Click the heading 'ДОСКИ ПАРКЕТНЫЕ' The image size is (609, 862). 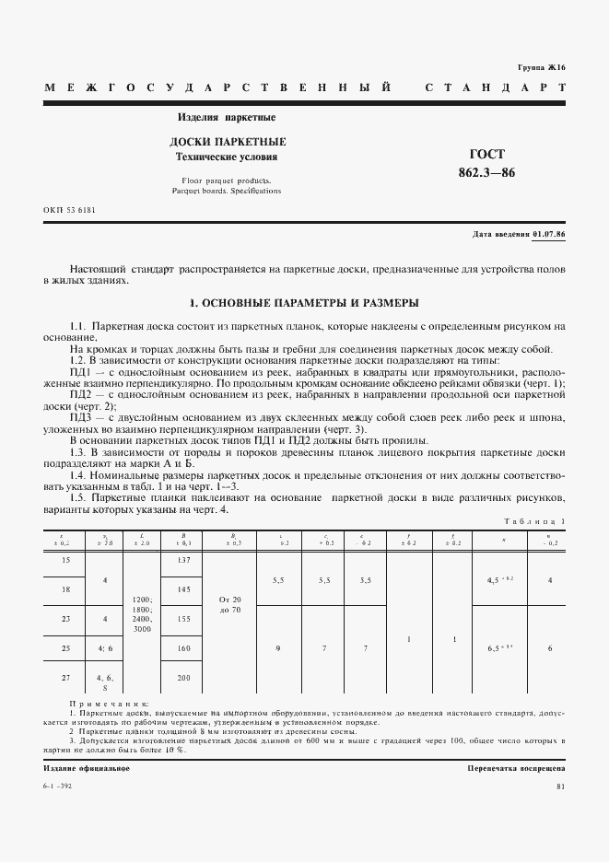228,142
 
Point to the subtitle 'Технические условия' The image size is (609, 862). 227,157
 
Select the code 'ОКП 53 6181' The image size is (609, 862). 69,210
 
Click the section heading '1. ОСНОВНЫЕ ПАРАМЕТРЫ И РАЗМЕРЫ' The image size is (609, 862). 304,302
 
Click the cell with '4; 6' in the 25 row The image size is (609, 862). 104,648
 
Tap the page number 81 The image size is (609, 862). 560,786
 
